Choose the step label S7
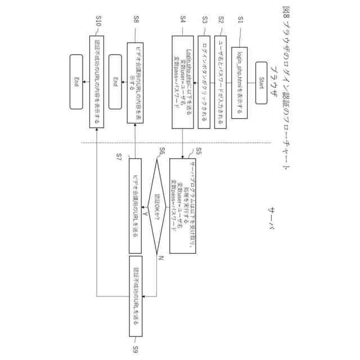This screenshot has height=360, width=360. [119, 155]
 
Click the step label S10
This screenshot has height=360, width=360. [98, 21]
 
